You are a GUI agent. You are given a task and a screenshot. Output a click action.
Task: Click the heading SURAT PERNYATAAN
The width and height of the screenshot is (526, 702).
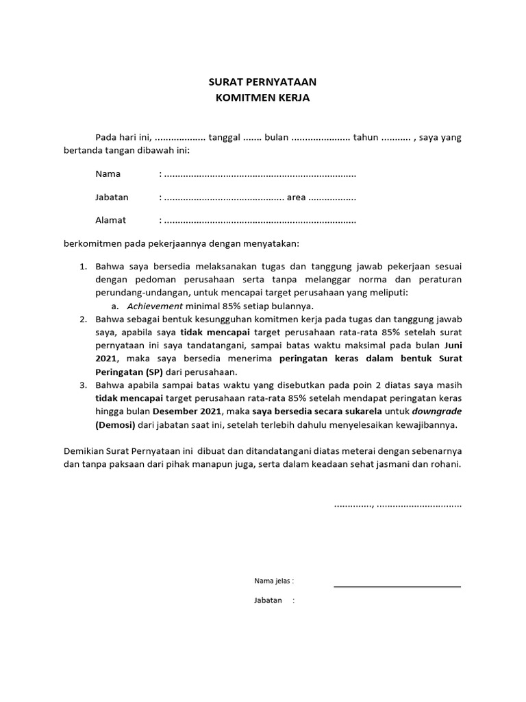click(263, 82)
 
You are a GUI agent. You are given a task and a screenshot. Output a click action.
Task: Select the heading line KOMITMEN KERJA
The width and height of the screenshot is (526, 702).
click(263, 98)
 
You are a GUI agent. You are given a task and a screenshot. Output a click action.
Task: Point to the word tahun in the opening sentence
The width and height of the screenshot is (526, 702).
click(365, 137)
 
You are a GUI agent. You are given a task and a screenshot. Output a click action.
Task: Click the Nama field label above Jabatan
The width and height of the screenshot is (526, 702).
click(108, 174)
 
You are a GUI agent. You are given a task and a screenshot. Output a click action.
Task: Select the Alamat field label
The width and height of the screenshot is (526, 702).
click(110, 221)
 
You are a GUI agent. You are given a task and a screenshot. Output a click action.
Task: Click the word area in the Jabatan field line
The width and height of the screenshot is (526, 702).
click(297, 197)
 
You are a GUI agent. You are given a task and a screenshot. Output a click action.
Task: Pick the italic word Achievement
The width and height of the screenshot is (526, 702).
click(155, 306)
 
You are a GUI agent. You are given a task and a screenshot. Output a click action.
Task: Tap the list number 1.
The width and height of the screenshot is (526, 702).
click(83, 265)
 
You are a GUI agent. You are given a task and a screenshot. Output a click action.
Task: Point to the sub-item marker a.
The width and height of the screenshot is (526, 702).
click(115, 306)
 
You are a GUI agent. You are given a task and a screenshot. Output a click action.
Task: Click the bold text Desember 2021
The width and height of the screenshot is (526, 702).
click(188, 411)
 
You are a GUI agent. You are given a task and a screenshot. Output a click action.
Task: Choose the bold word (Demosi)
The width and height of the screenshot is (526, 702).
click(117, 425)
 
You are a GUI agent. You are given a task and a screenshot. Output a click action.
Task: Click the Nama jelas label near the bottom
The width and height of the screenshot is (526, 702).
click(273, 581)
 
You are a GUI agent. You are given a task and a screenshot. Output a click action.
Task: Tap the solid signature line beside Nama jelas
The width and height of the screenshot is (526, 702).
click(397, 587)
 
